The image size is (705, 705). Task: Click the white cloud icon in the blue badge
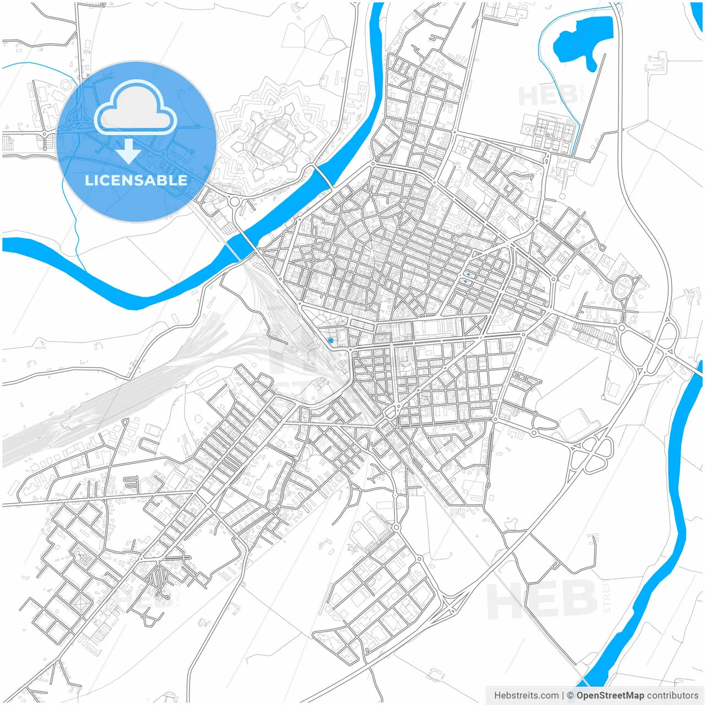[135, 109]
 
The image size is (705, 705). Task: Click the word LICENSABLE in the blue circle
[136, 180]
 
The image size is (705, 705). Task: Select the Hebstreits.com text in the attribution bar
[526, 696]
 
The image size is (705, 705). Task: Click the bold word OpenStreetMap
[610, 696]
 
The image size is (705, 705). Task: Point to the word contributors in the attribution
[672, 696]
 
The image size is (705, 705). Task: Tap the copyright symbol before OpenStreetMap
[570, 696]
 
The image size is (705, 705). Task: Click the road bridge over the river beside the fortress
[323, 176]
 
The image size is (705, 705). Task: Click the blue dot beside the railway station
[330, 340]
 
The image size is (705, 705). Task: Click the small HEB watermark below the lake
[548, 96]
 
